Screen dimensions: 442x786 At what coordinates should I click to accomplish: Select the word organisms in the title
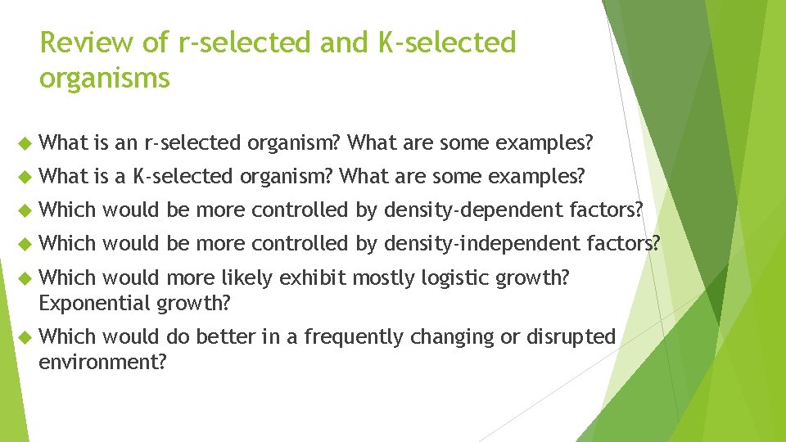(104, 78)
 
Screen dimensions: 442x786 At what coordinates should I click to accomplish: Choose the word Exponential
(93, 303)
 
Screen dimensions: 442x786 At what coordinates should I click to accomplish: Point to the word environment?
(102, 361)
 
